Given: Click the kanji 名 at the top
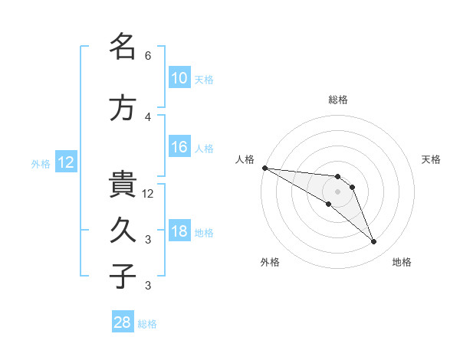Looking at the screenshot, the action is [x=123, y=46].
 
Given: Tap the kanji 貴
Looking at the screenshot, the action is [x=123, y=184].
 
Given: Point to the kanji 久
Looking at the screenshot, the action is [x=123, y=230].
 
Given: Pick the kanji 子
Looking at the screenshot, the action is [x=123, y=276].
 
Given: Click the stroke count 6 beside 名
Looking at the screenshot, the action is [x=148, y=56].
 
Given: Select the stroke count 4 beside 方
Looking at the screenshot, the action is [x=148, y=117].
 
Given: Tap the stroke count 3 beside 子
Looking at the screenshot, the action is [x=148, y=285].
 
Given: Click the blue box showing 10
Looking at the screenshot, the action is [x=179, y=77].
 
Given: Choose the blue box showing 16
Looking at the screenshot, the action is [x=179, y=146].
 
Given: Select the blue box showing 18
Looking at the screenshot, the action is [x=179, y=230].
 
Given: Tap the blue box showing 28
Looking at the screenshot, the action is [x=123, y=321].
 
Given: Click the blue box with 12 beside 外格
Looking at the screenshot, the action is [x=66, y=162].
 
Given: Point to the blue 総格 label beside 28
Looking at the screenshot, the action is [x=147, y=324].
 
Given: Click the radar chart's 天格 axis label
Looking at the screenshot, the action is [x=431, y=159].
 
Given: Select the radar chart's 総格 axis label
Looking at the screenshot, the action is [x=337, y=100].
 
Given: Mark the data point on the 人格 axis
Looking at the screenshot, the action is [x=265, y=168].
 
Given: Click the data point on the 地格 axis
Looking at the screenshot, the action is [x=374, y=241].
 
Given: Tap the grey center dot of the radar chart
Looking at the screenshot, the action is [x=337, y=191].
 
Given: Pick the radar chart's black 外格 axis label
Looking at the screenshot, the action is [x=270, y=262].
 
